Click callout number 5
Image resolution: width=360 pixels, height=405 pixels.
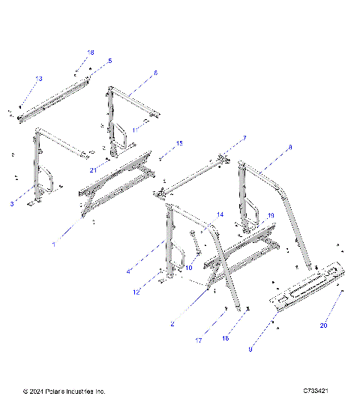click(x=109, y=60)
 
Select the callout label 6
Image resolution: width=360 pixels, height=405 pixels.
click(x=155, y=73)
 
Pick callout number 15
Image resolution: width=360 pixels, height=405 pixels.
click(x=179, y=142)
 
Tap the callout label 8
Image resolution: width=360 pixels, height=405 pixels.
click(x=290, y=148)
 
